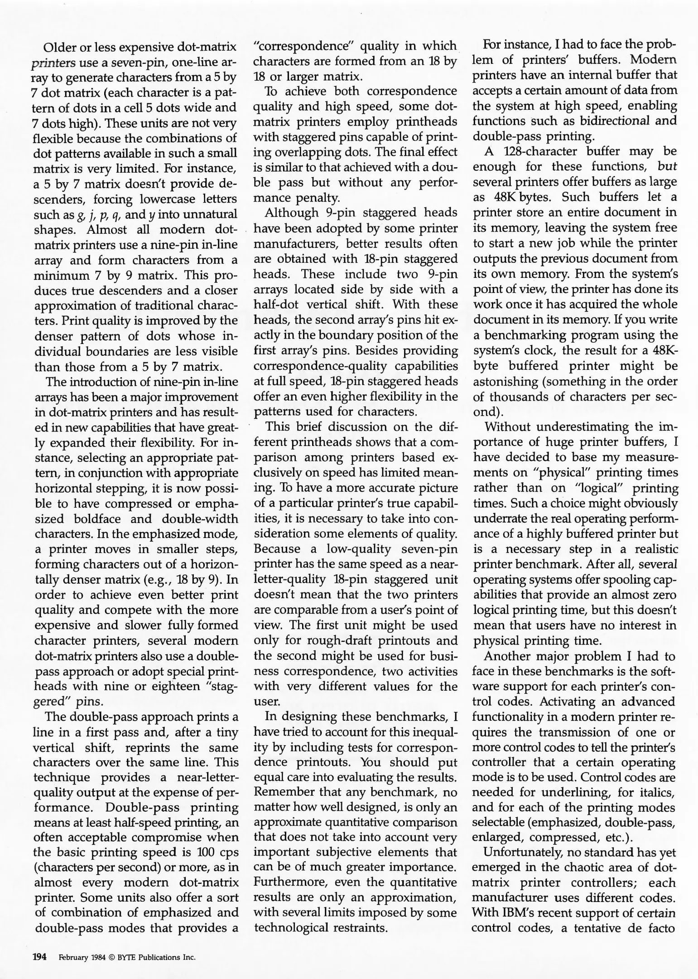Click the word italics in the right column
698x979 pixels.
tap(656, 792)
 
